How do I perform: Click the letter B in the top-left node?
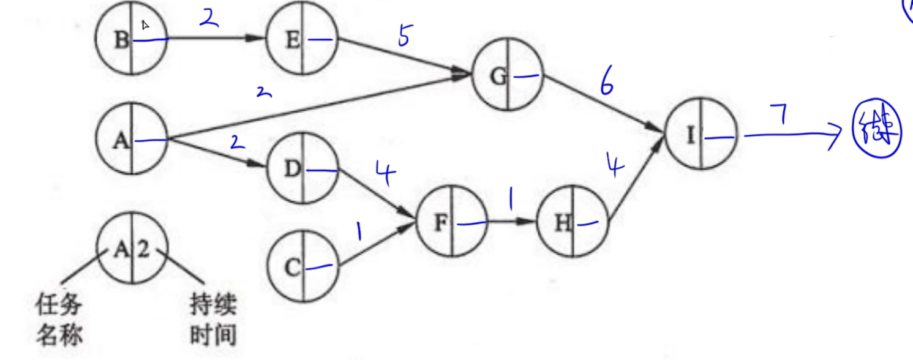coord(121,40)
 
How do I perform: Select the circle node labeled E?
coord(302,40)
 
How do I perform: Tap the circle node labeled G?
coord(508,77)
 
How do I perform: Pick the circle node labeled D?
coord(302,170)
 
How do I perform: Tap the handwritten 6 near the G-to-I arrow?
coord(606,85)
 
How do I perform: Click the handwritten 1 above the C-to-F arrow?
coord(358,231)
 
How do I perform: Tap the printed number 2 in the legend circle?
coord(143,250)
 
